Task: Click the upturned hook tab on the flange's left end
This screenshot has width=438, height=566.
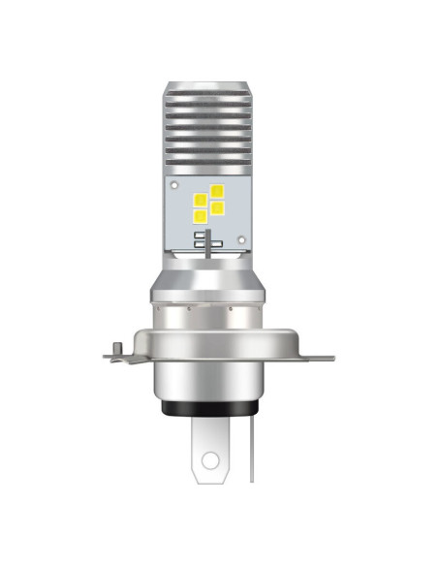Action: (x=113, y=347)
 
